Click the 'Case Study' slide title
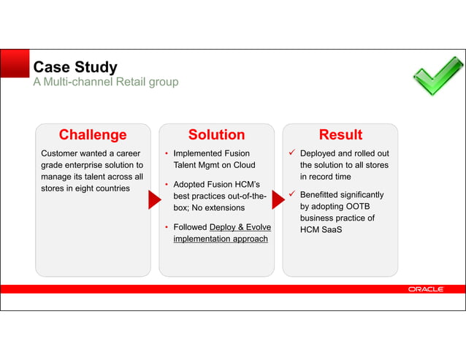(75, 67)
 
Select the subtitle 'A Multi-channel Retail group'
(105, 83)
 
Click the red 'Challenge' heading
(93, 134)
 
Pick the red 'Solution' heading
(216, 134)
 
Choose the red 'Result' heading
(340, 134)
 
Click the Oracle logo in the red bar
(425, 290)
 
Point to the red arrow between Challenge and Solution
(154, 199)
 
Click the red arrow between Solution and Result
(278, 199)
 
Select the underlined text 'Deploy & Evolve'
(240, 227)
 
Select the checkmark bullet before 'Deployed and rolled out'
(291, 153)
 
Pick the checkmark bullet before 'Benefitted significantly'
(291, 194)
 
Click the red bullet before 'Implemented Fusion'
(167, 154)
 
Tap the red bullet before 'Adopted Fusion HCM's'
(167, 185)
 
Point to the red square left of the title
(15, 64)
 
